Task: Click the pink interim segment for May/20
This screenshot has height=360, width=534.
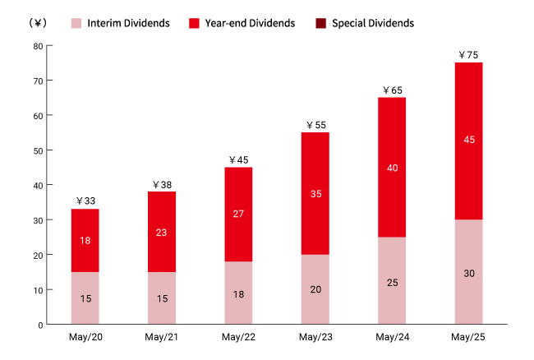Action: coord(85,298)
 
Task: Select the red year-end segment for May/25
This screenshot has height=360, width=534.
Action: coord(469,141)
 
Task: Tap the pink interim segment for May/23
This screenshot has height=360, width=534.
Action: coord(315,289)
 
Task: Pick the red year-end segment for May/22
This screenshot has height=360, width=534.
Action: coord(239,214)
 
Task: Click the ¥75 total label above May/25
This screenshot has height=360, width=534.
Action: coord(469,55)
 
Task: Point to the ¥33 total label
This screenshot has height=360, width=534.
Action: coord(85,201)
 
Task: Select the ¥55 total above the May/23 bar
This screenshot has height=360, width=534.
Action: coord(315,125)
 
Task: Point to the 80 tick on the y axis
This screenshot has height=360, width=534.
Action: coord(38,46)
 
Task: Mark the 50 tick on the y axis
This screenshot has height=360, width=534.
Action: coord(38,150)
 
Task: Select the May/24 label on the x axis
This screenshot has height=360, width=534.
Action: coord(392,339)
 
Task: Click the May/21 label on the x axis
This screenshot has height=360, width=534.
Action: coord(162,339)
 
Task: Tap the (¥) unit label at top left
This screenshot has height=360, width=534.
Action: coord(37,23)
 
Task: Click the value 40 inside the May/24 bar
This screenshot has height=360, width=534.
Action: coord(392,167)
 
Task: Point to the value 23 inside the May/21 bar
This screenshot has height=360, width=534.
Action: coord(162,232)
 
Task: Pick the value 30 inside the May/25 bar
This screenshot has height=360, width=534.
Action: coord(469,273)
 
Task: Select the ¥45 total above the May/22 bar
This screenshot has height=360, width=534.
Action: coord(239,159)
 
